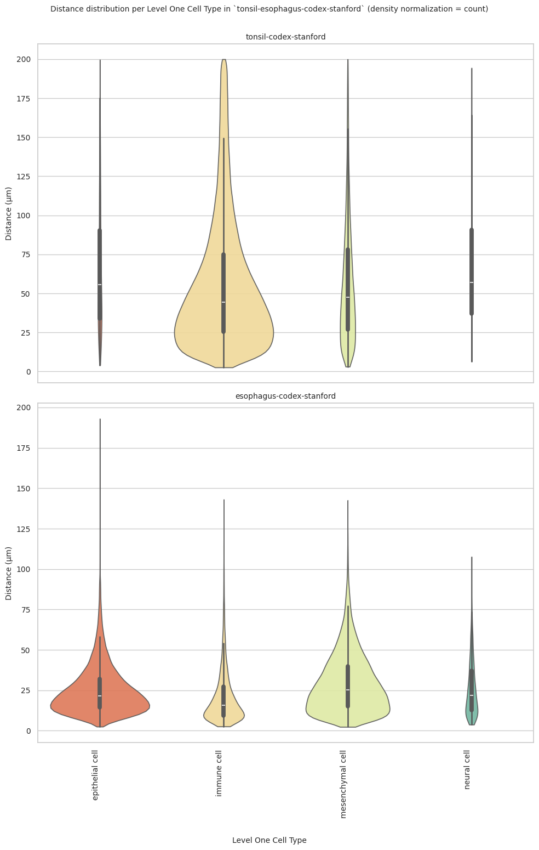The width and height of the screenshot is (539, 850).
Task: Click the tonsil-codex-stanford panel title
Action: (x=285, y=37)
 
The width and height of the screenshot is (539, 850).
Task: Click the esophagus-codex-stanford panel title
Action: (x=285, y=396)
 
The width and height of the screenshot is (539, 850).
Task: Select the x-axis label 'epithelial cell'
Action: (x=95, y=775)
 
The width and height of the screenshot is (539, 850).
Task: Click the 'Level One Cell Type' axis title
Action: (x=269, y=840)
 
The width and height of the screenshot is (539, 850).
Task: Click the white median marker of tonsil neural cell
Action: (x=472, y=282)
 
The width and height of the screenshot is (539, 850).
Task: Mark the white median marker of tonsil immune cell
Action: (x=223, y=302)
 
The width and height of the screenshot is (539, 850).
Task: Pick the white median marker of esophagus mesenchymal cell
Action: (x=348, y=690)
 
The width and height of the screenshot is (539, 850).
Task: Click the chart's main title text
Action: (x=269, y=9)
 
